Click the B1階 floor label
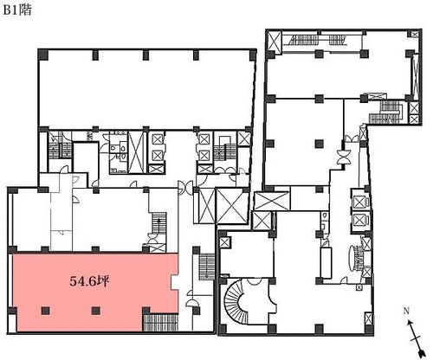coord(17,10)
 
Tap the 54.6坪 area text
coord(89,281)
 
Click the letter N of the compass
coord(406,311)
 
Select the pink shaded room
coord(94,292)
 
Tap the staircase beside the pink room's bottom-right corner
coord(160,322)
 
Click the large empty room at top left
coord(146,89)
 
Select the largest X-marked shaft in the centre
coord(232,206)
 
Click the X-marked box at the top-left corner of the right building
coord(275,42)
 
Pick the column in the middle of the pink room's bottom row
coord(95,311)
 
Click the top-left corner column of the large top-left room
coord(42,54)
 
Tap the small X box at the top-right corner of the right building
coord(415,34)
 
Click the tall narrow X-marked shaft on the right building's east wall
coord(416,75)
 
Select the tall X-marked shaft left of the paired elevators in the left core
coord(136,152)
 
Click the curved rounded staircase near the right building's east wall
coord(357,259)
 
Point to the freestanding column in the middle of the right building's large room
coord(319,144)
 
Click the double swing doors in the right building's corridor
coord(343,157)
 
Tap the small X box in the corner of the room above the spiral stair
coord(224,242)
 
